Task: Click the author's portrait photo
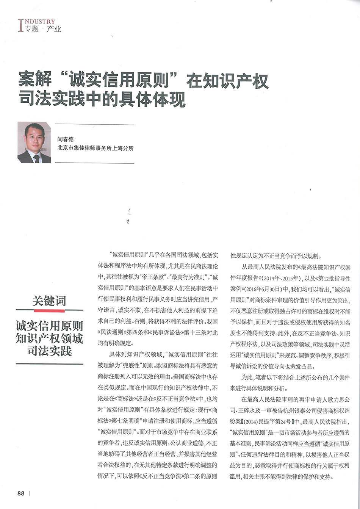pyautogui.click(x=34, y=143)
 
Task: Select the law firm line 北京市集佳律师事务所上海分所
pyautogui.click(x=95, y=148)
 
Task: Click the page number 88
pyautogui.click(x=21, y=493)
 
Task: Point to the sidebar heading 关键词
pyautogui.click(x=49, y=301)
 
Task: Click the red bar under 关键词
pyautogui.click(x=49, y=310)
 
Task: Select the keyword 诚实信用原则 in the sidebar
pyautogui.click(x=49, y=326)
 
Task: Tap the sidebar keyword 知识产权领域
pyautogui.click(x=49, y=338)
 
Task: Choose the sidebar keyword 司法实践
pyautogui.click(x=49, y=351)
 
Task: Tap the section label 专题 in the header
pyautogui.click(x=31, y=29)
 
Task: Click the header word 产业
pyautogui.click(x=54, y=29)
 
